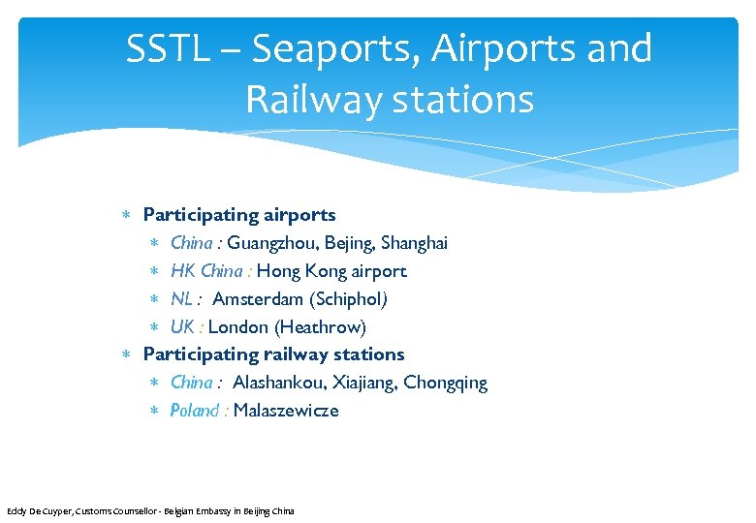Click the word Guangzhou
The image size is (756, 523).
270,242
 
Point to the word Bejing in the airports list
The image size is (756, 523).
348,242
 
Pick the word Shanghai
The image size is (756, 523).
414,242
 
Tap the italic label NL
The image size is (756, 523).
182,298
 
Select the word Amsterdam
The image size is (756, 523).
258,298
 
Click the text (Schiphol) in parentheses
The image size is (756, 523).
348,298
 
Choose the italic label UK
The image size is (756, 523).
182,326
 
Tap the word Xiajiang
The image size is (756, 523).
364,383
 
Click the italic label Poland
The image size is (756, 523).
195,411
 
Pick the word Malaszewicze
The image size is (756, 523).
286,411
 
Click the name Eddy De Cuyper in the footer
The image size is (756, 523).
40,510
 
